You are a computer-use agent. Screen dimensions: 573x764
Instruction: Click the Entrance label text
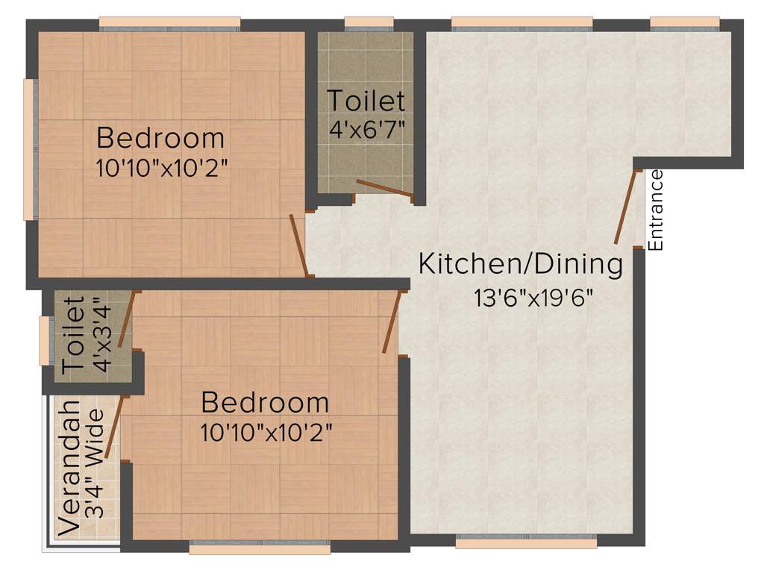[656, 210]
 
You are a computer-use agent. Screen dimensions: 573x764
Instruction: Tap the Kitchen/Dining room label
[520, 264]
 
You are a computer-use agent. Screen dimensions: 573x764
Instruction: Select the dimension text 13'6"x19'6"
[533, 298]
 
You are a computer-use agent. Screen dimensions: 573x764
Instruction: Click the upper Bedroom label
[160, 138]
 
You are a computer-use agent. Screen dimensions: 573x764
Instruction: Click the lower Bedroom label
[265, 402]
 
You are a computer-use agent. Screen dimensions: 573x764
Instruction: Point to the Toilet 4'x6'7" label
[366, 100]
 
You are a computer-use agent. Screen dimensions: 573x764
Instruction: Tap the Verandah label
[69, 468]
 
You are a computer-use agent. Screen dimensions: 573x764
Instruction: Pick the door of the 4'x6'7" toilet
[384, 188]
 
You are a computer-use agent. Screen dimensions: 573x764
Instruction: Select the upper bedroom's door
[298, 245]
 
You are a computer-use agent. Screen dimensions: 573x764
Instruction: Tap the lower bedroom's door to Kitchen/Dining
[392, 322]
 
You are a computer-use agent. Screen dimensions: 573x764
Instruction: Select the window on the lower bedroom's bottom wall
[259, 549]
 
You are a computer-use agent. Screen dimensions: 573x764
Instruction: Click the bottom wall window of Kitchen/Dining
[526, 542]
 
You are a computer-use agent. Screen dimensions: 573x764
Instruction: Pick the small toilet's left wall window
[44, 341]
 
